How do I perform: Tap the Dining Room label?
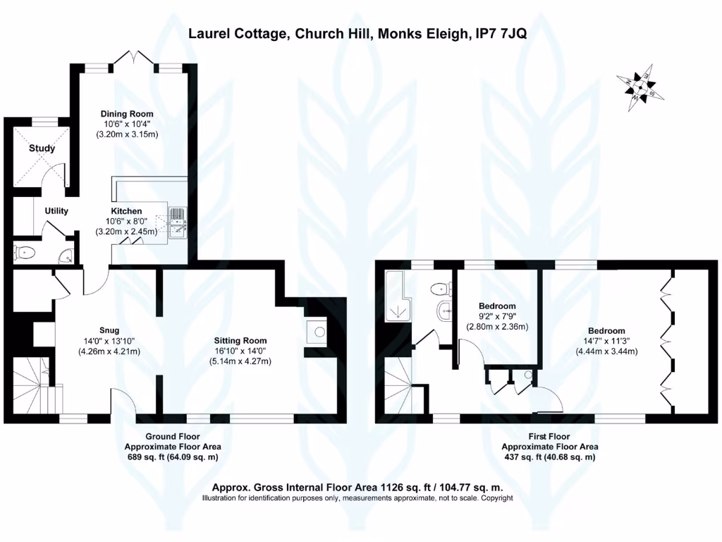coord(127,114)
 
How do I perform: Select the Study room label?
coord(42,149)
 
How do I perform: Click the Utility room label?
coord(56,211)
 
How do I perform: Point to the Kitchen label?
coord(126,211)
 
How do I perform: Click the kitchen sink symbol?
coord(176,220)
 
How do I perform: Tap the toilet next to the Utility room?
coord(25,251)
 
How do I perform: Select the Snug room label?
coord(109,330)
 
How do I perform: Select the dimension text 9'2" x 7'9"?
coord(497,316)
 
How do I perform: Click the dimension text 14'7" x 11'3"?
coord(606,341)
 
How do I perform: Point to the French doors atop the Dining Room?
coord(134,60)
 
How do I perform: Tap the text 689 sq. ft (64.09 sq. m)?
coord(173,457)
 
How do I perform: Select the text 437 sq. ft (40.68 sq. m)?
coord(550,457)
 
